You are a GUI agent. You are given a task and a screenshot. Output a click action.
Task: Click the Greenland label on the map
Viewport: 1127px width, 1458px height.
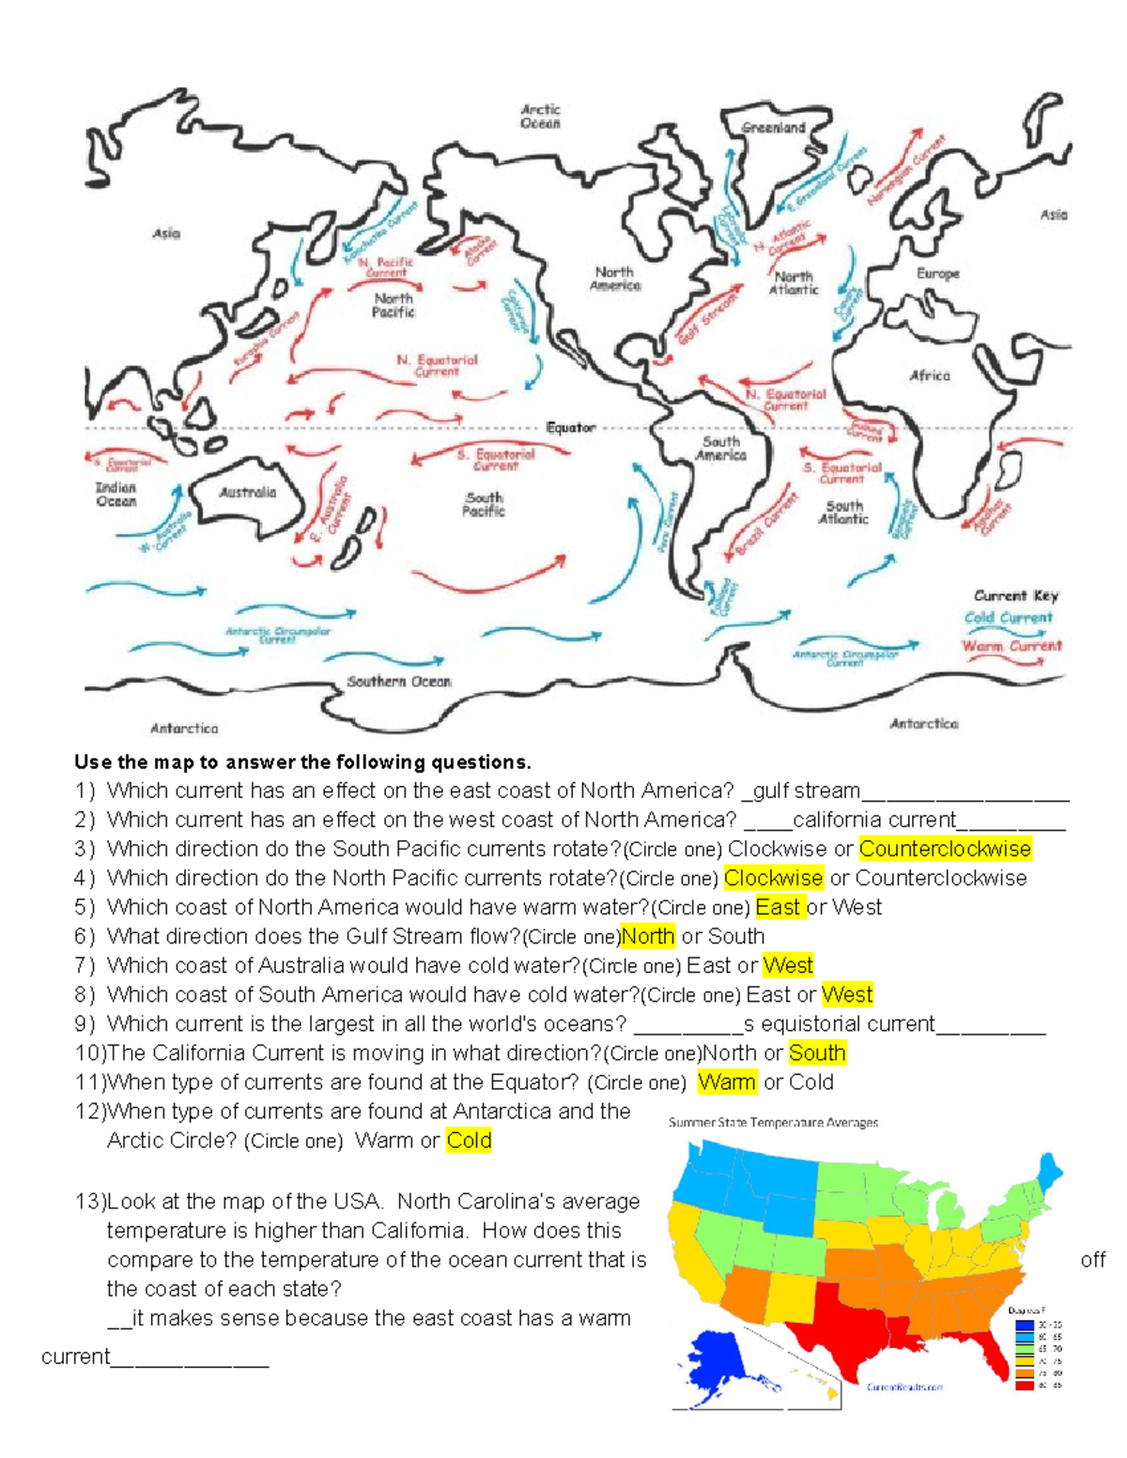[773, 128]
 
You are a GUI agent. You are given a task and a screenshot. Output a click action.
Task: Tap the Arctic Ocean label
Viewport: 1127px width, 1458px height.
[540, 116]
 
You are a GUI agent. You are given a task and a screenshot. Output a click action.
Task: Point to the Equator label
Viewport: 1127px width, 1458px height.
[571, 427]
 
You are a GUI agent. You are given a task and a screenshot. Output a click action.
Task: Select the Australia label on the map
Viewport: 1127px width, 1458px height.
[247, 492]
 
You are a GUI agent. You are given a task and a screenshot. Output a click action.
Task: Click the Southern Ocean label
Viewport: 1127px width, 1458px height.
[399, 682]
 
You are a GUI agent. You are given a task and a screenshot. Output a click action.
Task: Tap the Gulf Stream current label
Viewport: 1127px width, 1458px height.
[708, 317]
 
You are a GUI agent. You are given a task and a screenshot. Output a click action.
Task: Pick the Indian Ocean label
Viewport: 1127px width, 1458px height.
[116, 495]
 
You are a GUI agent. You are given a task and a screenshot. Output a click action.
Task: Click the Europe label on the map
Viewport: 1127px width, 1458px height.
[937, 273]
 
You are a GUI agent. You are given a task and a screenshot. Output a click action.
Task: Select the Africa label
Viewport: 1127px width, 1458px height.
[929, 376]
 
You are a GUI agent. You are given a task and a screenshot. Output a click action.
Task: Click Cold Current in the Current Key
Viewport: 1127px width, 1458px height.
[1008, 618]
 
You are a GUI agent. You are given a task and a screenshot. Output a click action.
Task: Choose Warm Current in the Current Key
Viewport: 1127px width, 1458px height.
[1011, 646]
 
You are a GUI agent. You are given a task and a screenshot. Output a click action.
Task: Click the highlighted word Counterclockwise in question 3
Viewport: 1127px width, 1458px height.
[945, 849]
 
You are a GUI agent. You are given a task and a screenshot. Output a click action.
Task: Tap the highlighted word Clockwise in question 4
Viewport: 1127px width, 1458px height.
[773, 878]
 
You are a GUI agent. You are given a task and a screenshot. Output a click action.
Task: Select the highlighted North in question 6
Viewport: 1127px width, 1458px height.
[648, 936]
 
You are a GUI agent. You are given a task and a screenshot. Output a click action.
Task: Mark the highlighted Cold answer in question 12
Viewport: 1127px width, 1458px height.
[469, 1141]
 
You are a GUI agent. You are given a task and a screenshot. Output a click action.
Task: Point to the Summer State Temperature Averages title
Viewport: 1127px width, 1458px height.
[773, 1122]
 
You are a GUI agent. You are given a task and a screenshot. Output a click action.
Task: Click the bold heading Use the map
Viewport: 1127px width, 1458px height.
[302, 761]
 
